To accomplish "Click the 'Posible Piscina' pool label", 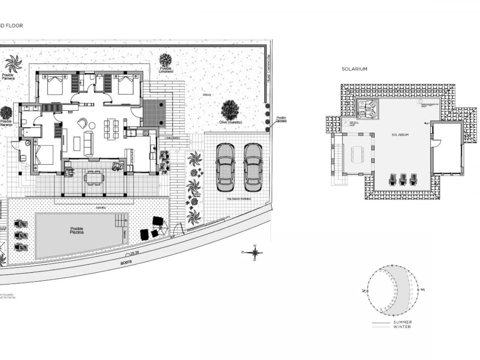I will (76, 231).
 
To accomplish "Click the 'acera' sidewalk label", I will (126, 263).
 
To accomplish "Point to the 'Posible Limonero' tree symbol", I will (165, 60).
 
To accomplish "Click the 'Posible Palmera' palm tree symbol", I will (14, 64).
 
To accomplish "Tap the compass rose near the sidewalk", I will (255, 252).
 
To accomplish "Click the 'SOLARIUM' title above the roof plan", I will (354, 69).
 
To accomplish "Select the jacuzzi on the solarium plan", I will (367, 109).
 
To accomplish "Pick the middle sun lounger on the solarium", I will (403, 179).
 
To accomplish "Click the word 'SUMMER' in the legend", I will (402, 322).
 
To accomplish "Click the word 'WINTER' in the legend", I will (402, 327).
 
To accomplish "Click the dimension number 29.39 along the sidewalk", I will (135, 253).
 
